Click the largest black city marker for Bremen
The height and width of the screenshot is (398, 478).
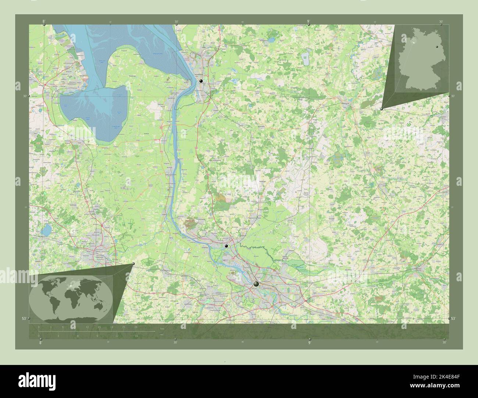(x=256, y=284)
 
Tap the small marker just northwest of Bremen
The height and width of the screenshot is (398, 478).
(x=226, y=246)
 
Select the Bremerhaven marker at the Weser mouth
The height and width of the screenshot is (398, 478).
(x=201, y=81)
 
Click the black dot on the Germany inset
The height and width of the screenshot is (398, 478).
(x=437, y=46)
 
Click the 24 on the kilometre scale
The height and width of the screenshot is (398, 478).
(x=136, y=327)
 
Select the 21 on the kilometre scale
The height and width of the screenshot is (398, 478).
(x=124, y=327)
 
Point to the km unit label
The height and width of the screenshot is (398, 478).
(x=162, y=328)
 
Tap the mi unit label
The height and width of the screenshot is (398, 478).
(x=162, y=334)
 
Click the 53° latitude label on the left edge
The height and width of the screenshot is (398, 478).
(x=24, y=318)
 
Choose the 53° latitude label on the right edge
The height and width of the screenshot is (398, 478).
(x=454, y=318)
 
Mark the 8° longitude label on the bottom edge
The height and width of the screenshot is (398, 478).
(x=40, y=343)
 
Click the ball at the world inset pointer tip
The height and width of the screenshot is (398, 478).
(x=133, y=264)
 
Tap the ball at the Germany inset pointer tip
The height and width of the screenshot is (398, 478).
(x=382, y=109)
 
